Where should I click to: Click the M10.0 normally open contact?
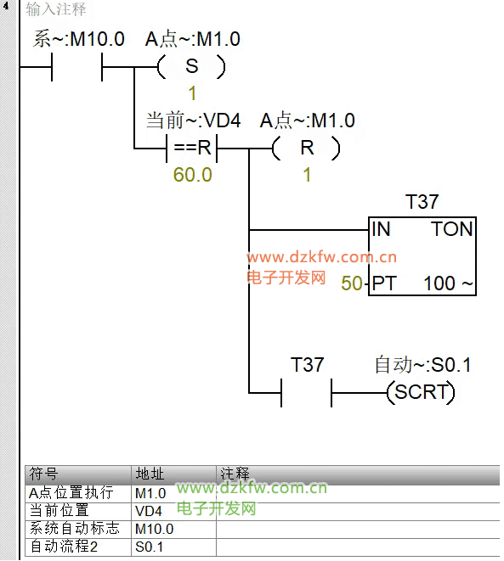tap(77, 67)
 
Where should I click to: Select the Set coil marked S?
tap(191, 66)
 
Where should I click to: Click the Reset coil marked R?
tap(306, 148)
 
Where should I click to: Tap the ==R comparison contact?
tap(192, 148)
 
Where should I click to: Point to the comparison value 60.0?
tap(192, 175)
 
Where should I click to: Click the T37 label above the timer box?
tap(422, 202)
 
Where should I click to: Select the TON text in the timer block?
tap(452, 229)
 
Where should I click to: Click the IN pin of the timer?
tap(381, 229)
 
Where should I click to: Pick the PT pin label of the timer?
tap(383, 283)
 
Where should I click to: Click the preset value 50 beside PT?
tap(352, 283)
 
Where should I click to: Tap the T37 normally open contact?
tap(306, 392)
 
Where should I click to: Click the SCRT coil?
tap(422, 392)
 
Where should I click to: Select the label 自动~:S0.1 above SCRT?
tap(422, 365)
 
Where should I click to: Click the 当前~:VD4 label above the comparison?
tap(194, 121)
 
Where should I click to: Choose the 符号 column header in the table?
tap(43, 474)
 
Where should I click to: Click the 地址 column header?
tap(150, 474)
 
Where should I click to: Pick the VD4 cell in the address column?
tap(148, 511)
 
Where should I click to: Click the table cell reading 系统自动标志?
tap(75, 529)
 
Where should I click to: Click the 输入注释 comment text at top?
tap(56, 9)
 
